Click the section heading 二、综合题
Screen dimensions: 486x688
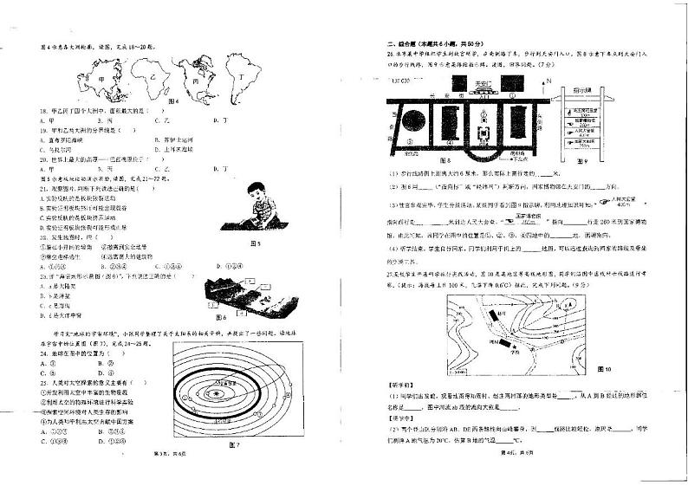(x=406, y=44)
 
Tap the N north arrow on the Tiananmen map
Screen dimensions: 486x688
(x=548, y=81)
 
